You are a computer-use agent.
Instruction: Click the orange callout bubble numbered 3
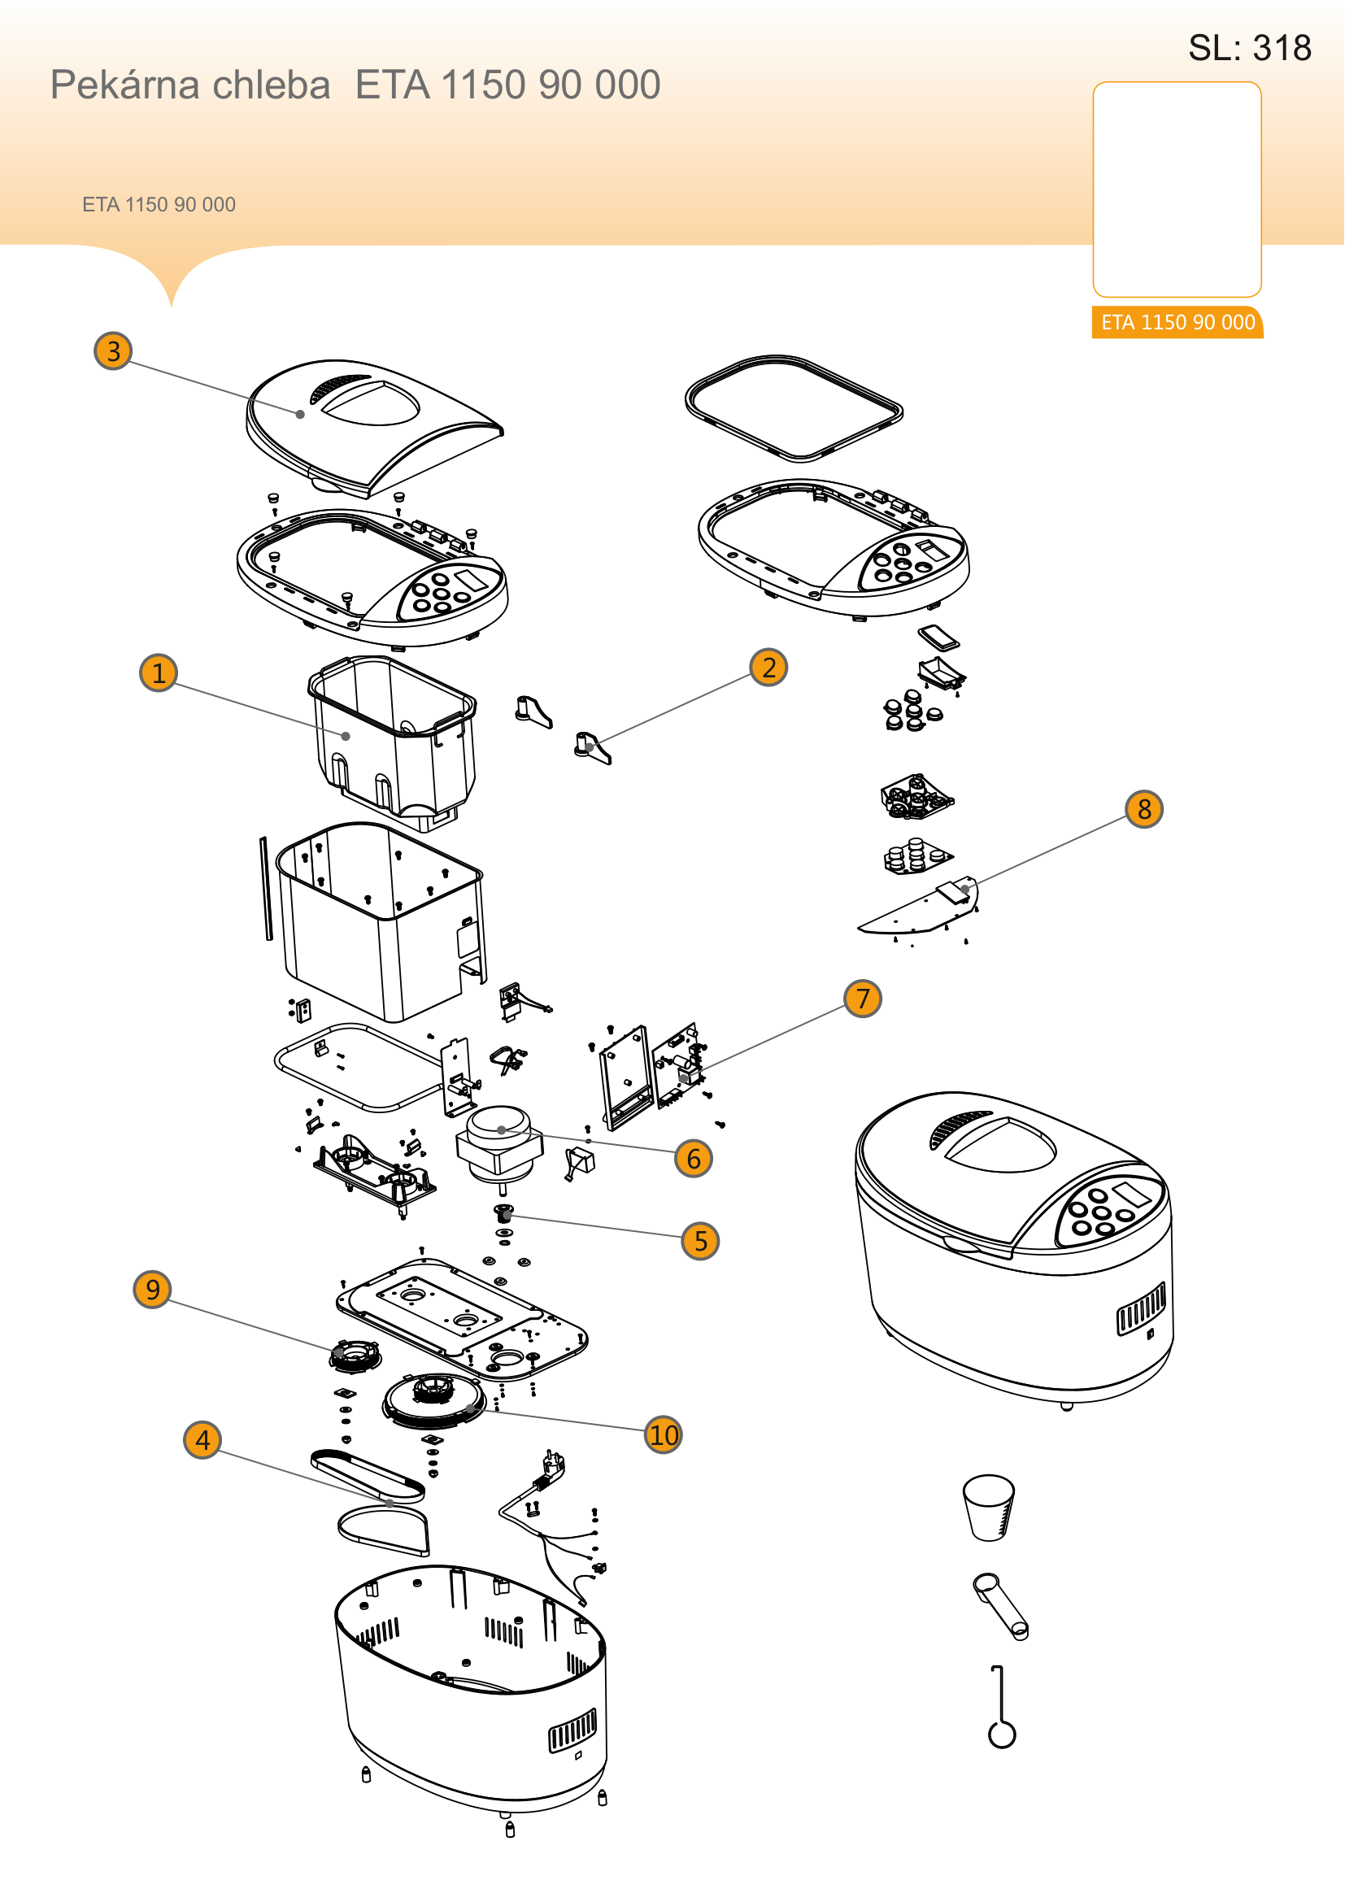[x=114, y=350]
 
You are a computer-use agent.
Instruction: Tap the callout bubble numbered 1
[x=159, y=672]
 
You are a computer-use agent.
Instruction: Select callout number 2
[x=768, y=667]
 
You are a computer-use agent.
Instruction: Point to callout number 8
[x=1144, y=808]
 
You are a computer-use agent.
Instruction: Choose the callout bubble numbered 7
[x=863, y=999]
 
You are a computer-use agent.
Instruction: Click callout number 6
[x=694, y=1158]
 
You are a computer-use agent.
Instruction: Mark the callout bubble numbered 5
[x=701, y=1241]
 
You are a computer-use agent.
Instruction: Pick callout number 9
[x=152, y=1289]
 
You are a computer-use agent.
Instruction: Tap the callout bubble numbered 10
[x=664, y=1434]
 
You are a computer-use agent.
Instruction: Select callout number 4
[x=202, y=1440]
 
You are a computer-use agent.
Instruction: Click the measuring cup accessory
[x=989, y=1507]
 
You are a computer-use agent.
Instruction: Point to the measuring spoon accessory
[x=1000, y=1606]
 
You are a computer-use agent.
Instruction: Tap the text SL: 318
[x=1250, y=48]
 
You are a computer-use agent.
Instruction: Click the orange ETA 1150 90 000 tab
[x=1177, y=322]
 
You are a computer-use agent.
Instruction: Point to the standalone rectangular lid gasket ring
[x=794, y=408]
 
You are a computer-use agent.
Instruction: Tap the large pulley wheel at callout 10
[x=434, y=1400]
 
